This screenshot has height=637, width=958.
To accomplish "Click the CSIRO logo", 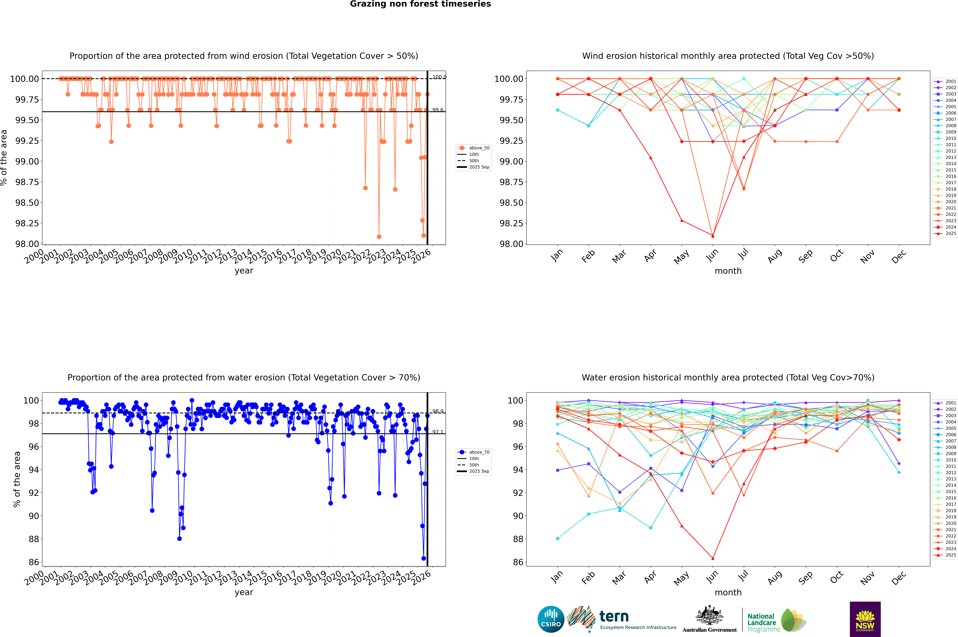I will [x=551, y=619].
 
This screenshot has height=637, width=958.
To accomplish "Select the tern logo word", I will [x=614, y=617].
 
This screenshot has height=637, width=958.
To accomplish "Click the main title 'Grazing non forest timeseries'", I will [x=420, y=4].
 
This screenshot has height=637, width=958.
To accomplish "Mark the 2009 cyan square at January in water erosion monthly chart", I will [x=558, y=539].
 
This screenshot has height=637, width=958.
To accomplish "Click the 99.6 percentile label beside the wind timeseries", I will [x=438, y=110].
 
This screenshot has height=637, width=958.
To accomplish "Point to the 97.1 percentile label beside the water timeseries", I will [x=438, y=432].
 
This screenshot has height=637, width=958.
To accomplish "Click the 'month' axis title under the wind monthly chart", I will [x=728, y=271].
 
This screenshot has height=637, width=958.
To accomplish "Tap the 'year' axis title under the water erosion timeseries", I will [x=244, y=592].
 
